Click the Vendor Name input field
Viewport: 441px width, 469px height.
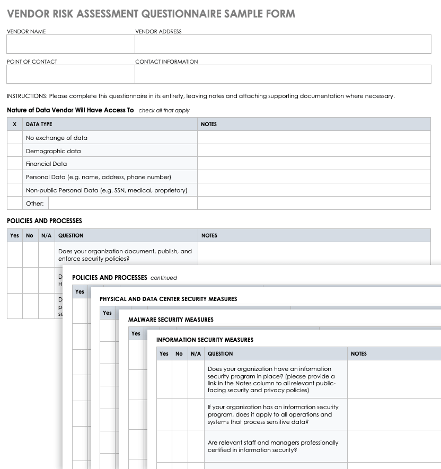click(70, 44)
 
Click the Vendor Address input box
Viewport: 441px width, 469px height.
click(283, 44)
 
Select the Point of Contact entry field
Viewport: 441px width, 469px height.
click(70, 74)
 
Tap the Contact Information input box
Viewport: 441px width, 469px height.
click(283, 74)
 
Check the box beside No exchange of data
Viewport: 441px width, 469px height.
click(14, 138)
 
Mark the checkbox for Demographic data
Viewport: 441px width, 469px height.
click(14, 151)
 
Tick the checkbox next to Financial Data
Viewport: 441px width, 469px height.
click(14, 164)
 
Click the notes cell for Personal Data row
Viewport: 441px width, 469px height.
click(314, 177)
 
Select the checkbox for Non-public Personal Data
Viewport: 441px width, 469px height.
click(14, 190)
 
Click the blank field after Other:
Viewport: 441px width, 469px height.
click(122, 203)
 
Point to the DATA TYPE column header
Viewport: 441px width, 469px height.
click(39, 124)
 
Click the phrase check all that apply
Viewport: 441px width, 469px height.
click(164, 111)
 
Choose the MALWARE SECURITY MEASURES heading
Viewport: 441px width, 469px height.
click(171, 320)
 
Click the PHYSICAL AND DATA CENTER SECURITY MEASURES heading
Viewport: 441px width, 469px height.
click(168, 299)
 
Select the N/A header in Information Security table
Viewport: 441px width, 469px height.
click(196, 353)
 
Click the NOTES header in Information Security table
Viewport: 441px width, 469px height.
click(359, 353)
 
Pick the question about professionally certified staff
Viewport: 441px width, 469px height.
click(273, 446)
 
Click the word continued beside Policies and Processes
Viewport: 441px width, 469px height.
click(164, 278)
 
